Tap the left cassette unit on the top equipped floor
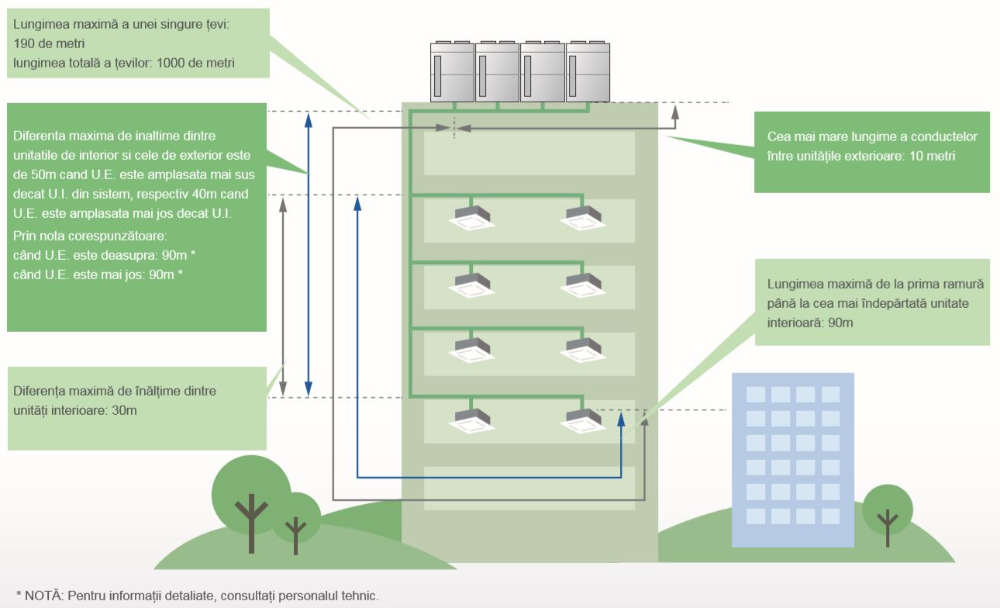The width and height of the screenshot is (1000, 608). (x=472, y=214)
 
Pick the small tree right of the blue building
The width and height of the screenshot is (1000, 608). (x=887, y=512)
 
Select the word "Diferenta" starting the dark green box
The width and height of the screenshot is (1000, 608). (x=40, y=136)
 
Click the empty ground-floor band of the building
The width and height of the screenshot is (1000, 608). (x=529, y=488)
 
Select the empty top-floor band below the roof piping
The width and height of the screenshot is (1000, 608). (x=529, y=153)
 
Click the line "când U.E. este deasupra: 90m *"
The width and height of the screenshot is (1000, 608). (x=99, y=255)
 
